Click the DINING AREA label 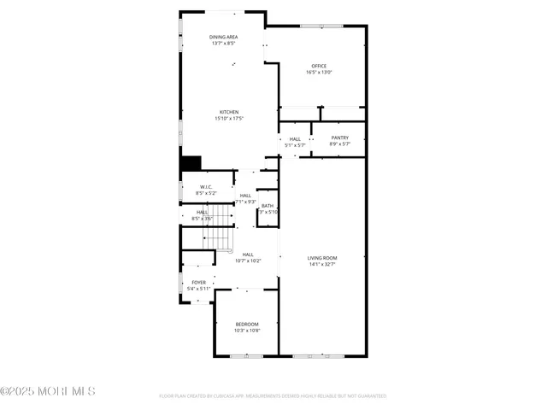224,37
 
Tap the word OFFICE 319,66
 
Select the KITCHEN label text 228,112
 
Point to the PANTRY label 339,138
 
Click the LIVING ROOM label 322,258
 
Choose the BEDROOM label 247,324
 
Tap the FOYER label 198,283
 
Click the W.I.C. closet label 206,187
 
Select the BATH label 268,205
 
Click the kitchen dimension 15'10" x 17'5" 228,119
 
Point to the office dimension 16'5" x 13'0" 319,73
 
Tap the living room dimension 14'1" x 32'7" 322,265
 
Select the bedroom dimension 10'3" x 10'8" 247,331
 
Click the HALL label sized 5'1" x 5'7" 295,139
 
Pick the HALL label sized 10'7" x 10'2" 248,254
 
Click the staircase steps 221,229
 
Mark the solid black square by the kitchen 190,162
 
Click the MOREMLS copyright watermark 48,391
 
